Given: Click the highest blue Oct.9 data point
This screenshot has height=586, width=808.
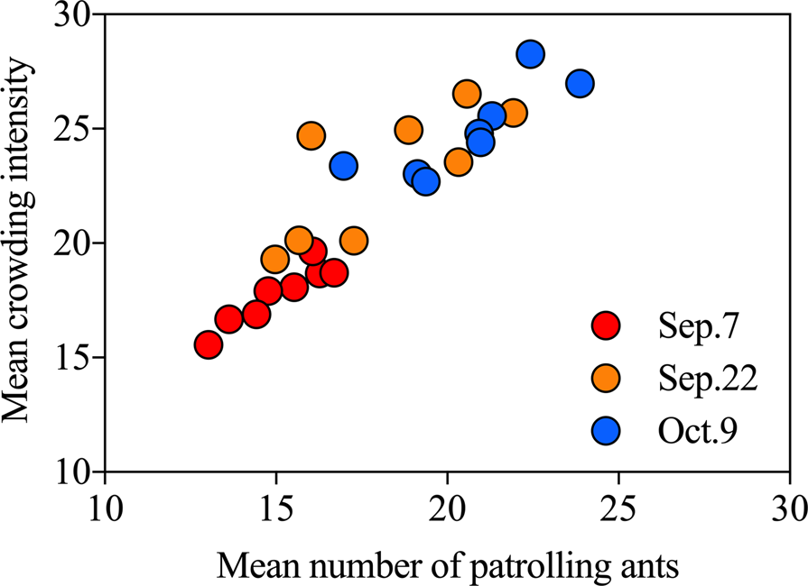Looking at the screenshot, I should coord(531,54).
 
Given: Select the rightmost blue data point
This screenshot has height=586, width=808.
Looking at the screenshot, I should coord(580,83).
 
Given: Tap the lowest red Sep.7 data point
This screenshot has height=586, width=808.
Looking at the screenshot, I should coord(209,344).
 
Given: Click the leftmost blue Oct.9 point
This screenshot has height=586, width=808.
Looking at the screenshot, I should coord(343,165).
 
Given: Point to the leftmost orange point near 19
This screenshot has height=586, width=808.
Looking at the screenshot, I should coord(274,260).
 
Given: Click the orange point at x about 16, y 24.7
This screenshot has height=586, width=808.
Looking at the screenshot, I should coord(311,136).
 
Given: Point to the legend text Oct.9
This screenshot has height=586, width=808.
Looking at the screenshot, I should coord(698,434).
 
